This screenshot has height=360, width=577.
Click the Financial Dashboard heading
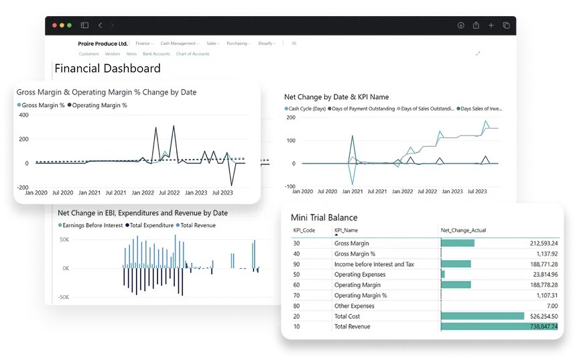[107, 68]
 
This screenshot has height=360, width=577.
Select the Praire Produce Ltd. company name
[103, 43]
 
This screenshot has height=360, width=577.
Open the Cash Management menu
[178, 44]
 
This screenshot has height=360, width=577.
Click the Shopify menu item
[265, 44]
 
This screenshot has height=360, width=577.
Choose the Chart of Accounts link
[193, 54]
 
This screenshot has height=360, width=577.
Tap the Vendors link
[113, 54]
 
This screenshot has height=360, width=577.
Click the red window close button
[54, 25]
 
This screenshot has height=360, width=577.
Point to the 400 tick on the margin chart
[23, 115]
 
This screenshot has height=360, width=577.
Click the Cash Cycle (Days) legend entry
[306, 109]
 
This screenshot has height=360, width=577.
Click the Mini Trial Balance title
[324, 217]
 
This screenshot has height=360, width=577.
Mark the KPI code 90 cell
[296, 264]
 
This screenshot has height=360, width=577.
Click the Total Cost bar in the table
[483, 316]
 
